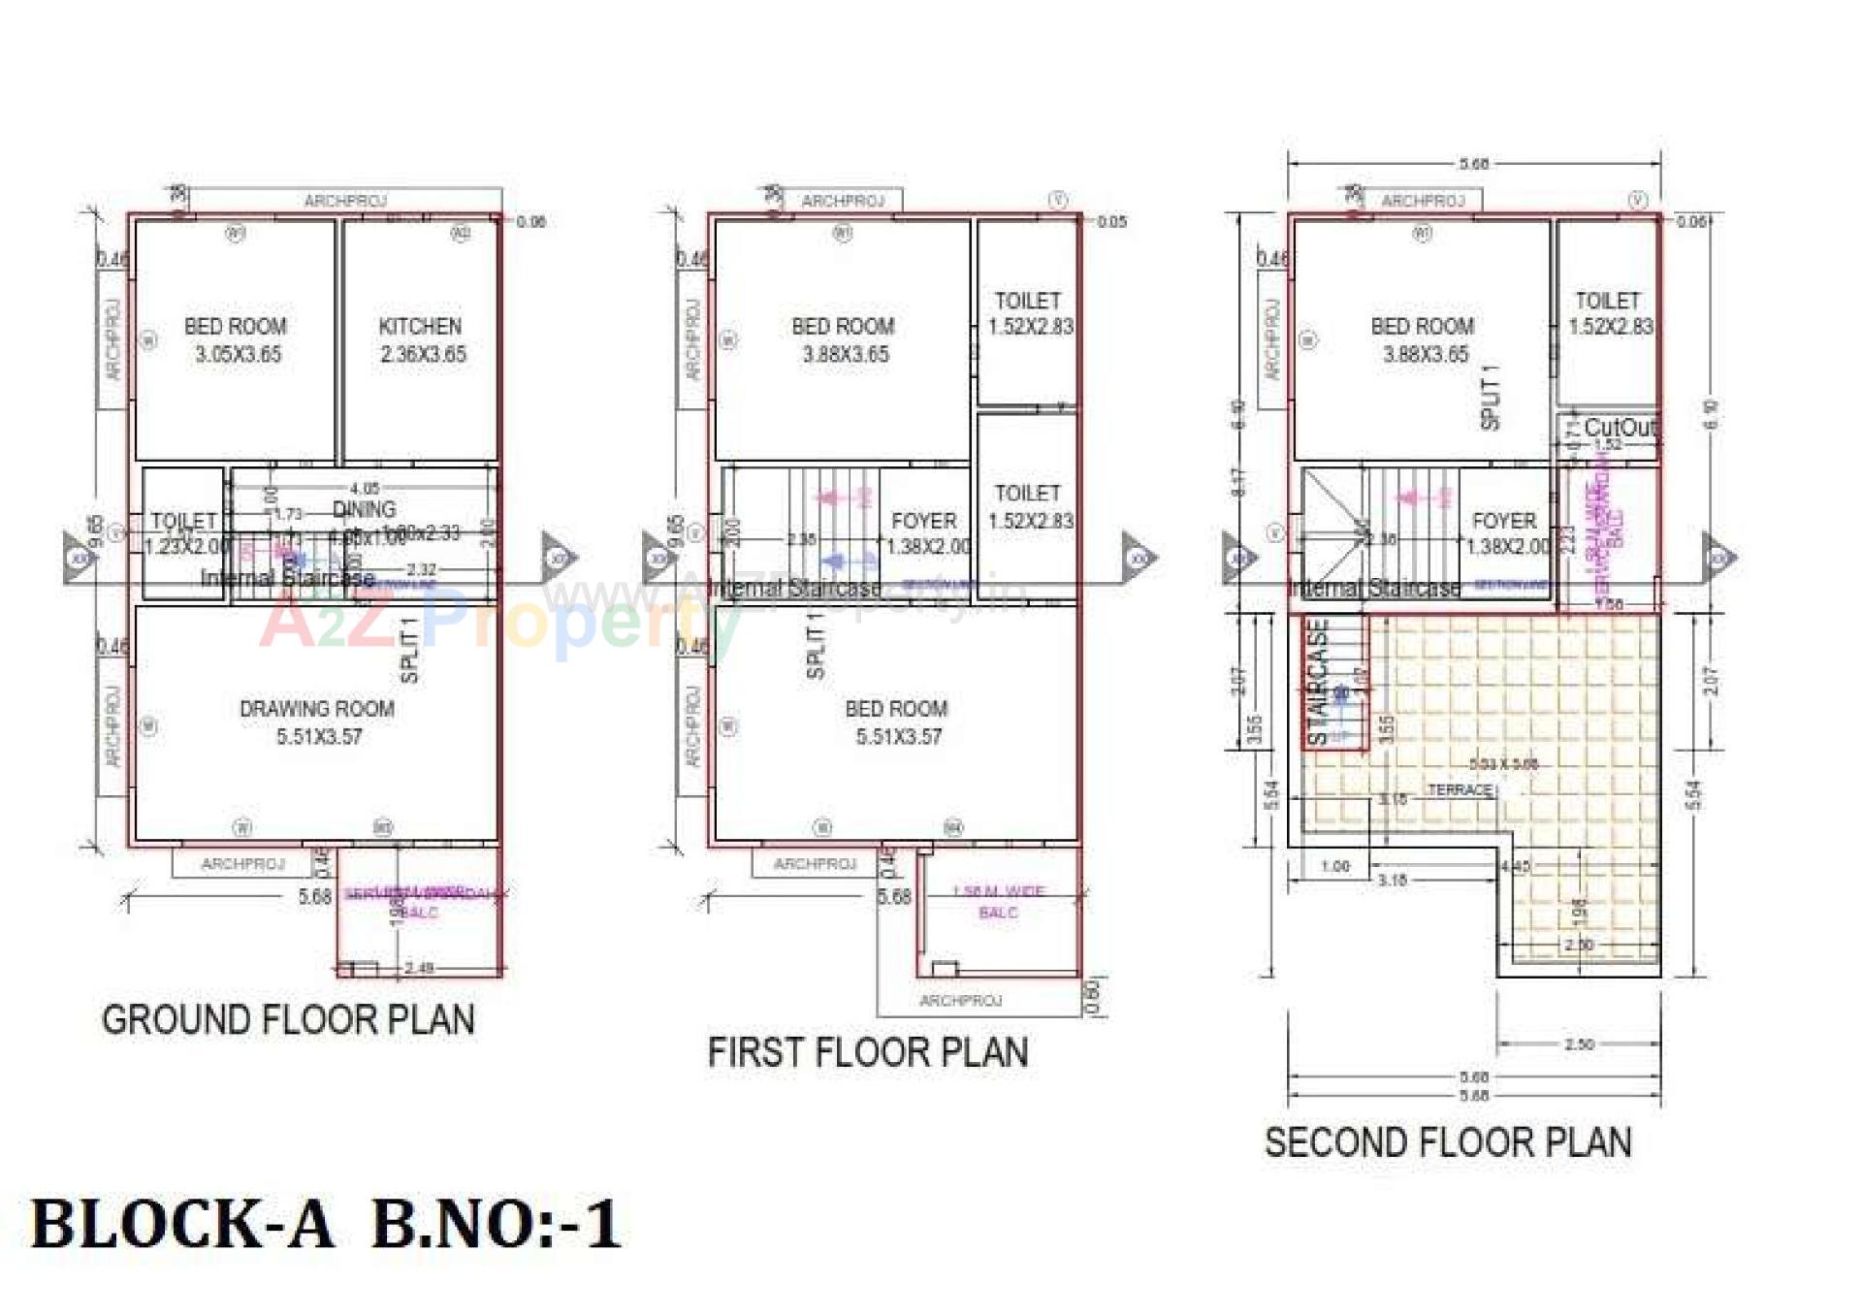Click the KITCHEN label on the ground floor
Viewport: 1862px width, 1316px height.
[420, 327]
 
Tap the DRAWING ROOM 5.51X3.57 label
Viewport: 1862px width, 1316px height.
[317, 722]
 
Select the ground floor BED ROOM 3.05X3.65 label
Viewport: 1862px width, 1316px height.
[236, 339]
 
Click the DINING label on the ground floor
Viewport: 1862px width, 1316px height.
[365, 509]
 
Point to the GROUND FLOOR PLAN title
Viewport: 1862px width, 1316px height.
[288, 1020]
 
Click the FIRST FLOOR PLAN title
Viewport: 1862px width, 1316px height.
[867, 1053]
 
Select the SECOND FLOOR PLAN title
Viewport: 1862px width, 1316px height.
[1447, 1142]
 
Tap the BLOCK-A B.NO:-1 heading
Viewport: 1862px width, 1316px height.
[325, 1224]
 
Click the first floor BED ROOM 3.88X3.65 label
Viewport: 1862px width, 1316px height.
[843, 339]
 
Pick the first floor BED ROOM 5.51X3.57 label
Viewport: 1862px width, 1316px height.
[896, 722]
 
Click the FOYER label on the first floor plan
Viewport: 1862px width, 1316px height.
[924, 522]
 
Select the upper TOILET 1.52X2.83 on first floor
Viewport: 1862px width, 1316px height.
[1029, 313]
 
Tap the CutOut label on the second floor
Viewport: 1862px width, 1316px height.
[1619, 428]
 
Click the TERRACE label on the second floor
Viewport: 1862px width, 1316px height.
[1460, 790]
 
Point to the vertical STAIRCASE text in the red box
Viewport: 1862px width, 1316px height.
[1318, 682]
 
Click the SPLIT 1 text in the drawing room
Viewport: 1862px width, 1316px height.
[409, 650]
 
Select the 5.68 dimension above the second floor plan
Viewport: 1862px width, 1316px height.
[1473, 164]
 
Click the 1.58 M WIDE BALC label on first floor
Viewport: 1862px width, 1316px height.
[998, 902]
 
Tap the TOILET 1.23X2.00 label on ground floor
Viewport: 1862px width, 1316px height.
[184, 533]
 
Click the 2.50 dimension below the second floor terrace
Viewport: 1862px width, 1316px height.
[1579, 1044]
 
